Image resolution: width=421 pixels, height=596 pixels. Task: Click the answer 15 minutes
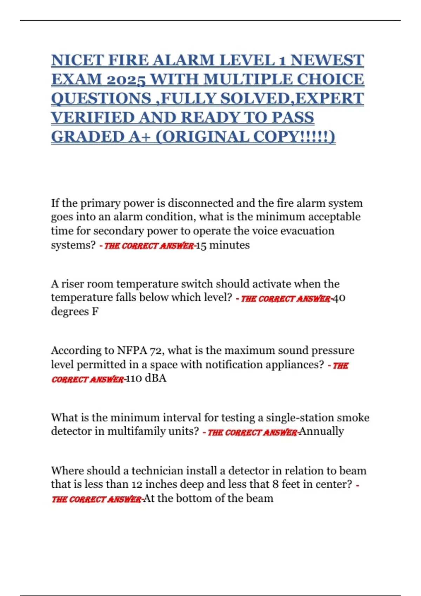pos(223,245)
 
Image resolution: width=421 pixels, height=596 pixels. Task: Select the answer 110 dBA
pos(146,378)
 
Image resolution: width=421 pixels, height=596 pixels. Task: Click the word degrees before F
pos(70,311)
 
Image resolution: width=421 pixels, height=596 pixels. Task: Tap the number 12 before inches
pos(137,485)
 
